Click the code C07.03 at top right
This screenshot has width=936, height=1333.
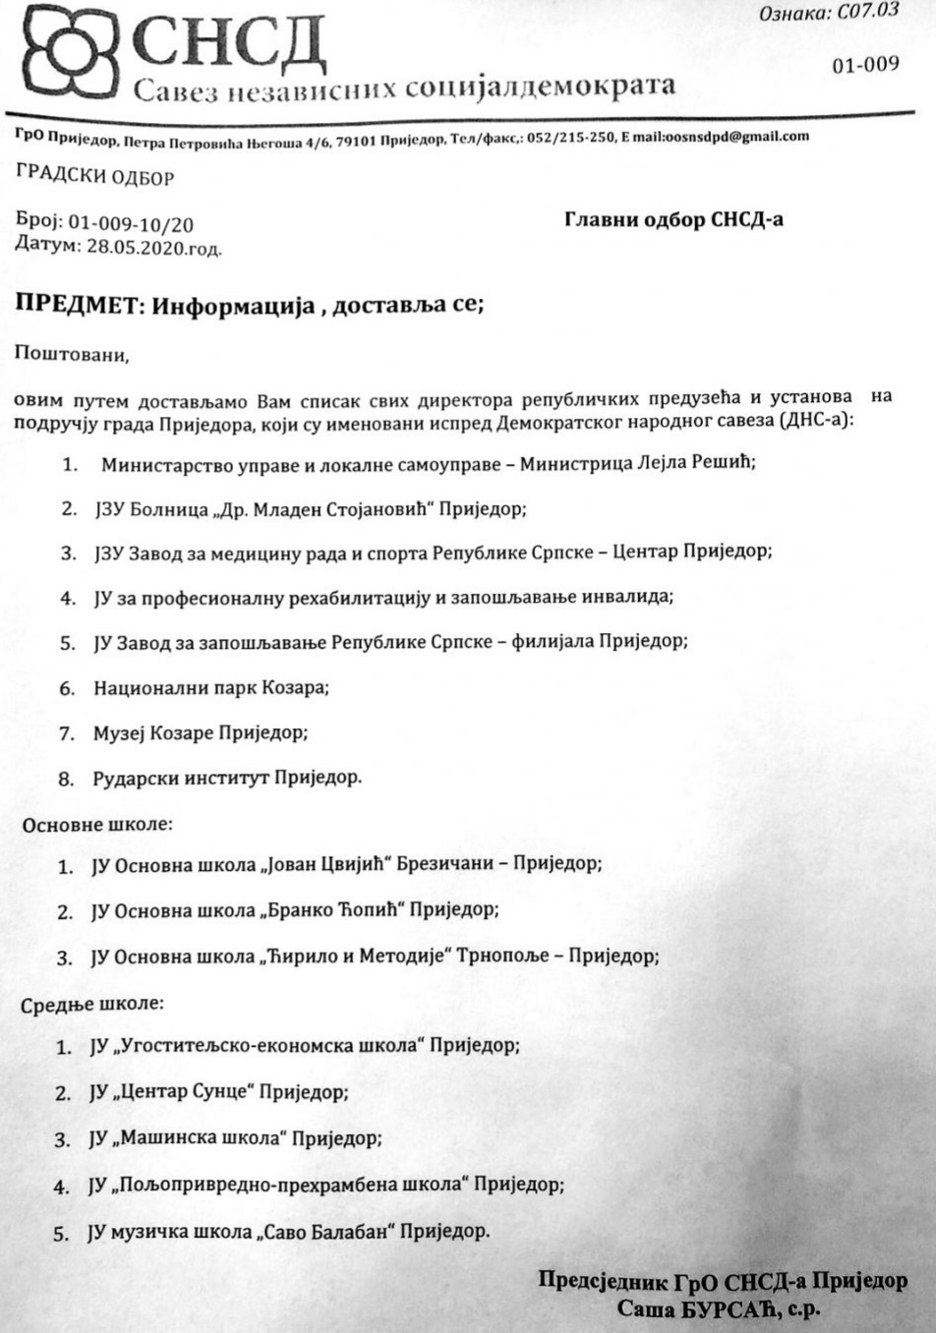pyautogui.click(x=856, y=13)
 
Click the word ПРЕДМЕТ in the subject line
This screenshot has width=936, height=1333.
pyautogui.click(x=76, y=305)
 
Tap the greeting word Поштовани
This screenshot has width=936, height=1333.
pyautogui.click(x=71, y=353)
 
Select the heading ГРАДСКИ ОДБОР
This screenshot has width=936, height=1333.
pyautogui.click(x=95, y=178)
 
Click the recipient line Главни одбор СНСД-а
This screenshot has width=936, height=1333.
pyautogui.click(x=673, y=219)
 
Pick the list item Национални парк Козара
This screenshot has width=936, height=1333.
pyautogui.click(x=211, y=687)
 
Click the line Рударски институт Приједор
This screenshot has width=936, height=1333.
pyautogui.click(x=227, y=778)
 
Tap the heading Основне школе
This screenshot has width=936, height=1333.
pyautogui.click(x=96, y=824)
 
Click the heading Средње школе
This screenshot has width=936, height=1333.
pyautogui.click(x=92, y=1004)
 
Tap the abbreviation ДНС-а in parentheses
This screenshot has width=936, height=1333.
pyautogui.click(x=817, y=421)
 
